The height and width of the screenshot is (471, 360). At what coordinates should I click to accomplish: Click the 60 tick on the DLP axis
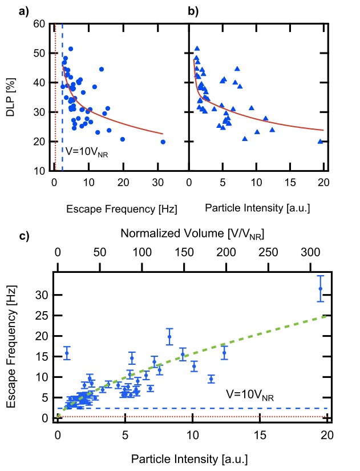(39, 25)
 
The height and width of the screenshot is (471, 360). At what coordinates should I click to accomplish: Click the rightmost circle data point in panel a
(163, 142)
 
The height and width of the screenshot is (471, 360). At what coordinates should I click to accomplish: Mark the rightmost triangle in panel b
(321, 142)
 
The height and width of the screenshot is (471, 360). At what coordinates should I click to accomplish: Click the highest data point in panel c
(321, 288)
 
